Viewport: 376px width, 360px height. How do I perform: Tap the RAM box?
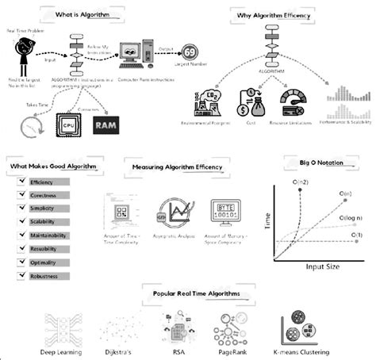106,125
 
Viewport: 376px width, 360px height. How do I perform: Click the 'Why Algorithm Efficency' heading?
275,13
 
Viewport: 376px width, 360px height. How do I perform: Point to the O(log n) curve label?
345,215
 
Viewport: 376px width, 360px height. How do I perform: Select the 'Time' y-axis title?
267,223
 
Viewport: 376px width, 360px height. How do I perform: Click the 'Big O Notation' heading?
321,162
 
